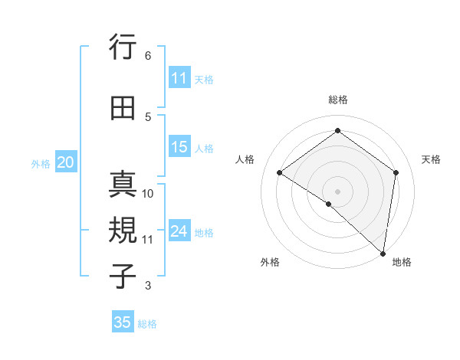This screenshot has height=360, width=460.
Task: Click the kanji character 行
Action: coord(123,48)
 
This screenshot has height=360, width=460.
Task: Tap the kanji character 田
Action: coord(123,109)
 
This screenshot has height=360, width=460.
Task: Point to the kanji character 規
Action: coord(123,231)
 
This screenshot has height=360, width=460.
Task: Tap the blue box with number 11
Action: coord(179,78)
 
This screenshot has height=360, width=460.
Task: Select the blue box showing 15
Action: coord(179,148)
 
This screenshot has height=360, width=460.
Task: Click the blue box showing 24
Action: coord(179,232)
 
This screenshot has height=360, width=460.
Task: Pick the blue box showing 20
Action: coord(66,162)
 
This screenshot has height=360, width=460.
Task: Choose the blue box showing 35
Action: coord(123,322)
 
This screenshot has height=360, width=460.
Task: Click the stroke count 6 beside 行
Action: coord(148,56)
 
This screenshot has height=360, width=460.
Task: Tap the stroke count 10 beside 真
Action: coord(149,193)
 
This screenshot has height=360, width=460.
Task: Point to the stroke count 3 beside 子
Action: coord(148,286)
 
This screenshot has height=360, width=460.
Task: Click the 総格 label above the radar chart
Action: coord(337,100)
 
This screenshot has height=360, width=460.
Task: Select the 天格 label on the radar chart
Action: coord(431,159)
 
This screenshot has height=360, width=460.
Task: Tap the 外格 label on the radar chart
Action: coord(270,262)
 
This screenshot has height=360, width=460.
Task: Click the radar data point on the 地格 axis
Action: coord(383,253)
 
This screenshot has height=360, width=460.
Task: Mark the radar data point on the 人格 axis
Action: coord(280,172)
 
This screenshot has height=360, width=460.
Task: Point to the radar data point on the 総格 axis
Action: coord(337,131)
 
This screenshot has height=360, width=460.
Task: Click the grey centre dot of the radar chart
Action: coord(337,191)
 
